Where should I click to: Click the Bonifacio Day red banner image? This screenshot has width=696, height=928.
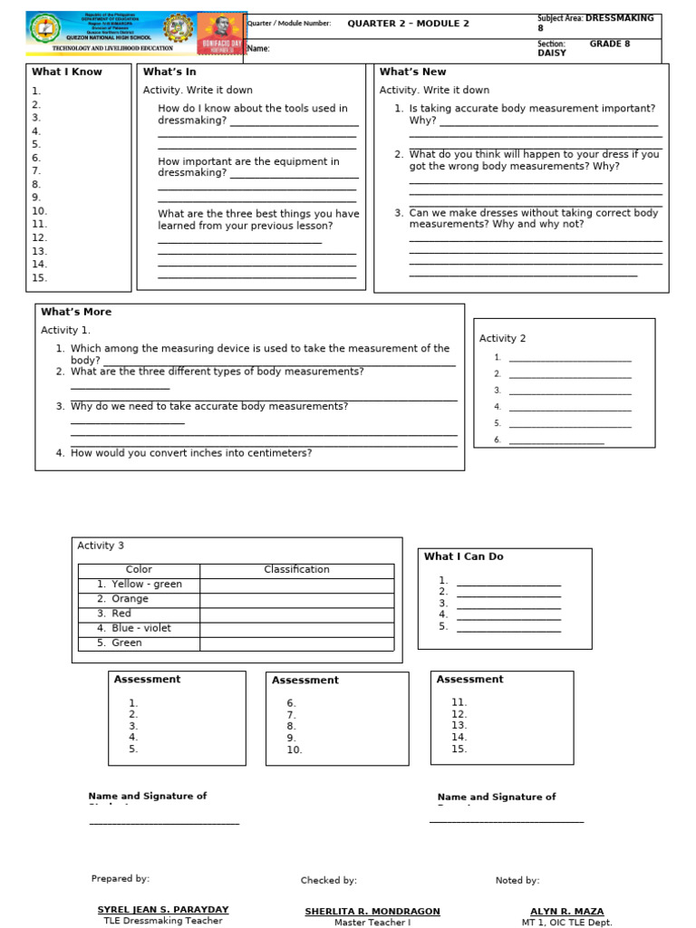point(221,34)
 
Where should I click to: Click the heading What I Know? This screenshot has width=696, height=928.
point(67,72)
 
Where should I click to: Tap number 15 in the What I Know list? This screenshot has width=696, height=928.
point(39,278)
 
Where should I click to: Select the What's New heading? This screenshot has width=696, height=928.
point(412,72)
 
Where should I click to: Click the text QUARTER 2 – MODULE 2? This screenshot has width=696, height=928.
point(408,24)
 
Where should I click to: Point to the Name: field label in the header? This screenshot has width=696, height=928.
point(258,49)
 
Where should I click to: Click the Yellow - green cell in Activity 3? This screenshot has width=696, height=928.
point(140,585)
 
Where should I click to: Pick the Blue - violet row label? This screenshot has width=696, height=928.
point(140,628)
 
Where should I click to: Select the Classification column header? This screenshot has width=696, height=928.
point(296,570)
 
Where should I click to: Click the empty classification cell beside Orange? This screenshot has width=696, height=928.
point(296,599)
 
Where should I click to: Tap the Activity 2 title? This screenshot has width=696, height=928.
point(502,339)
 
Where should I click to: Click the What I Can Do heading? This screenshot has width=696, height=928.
point(463,556)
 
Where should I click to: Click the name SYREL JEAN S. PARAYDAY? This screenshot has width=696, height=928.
point(163,910)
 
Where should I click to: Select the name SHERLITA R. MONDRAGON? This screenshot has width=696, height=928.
point(372,911)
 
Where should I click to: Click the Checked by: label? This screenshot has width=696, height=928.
point(329,880)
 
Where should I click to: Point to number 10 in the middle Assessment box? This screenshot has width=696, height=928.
point(295,749)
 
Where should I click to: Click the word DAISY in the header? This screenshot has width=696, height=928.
point(551,53)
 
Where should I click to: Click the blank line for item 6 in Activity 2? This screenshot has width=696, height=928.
point(556,440)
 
